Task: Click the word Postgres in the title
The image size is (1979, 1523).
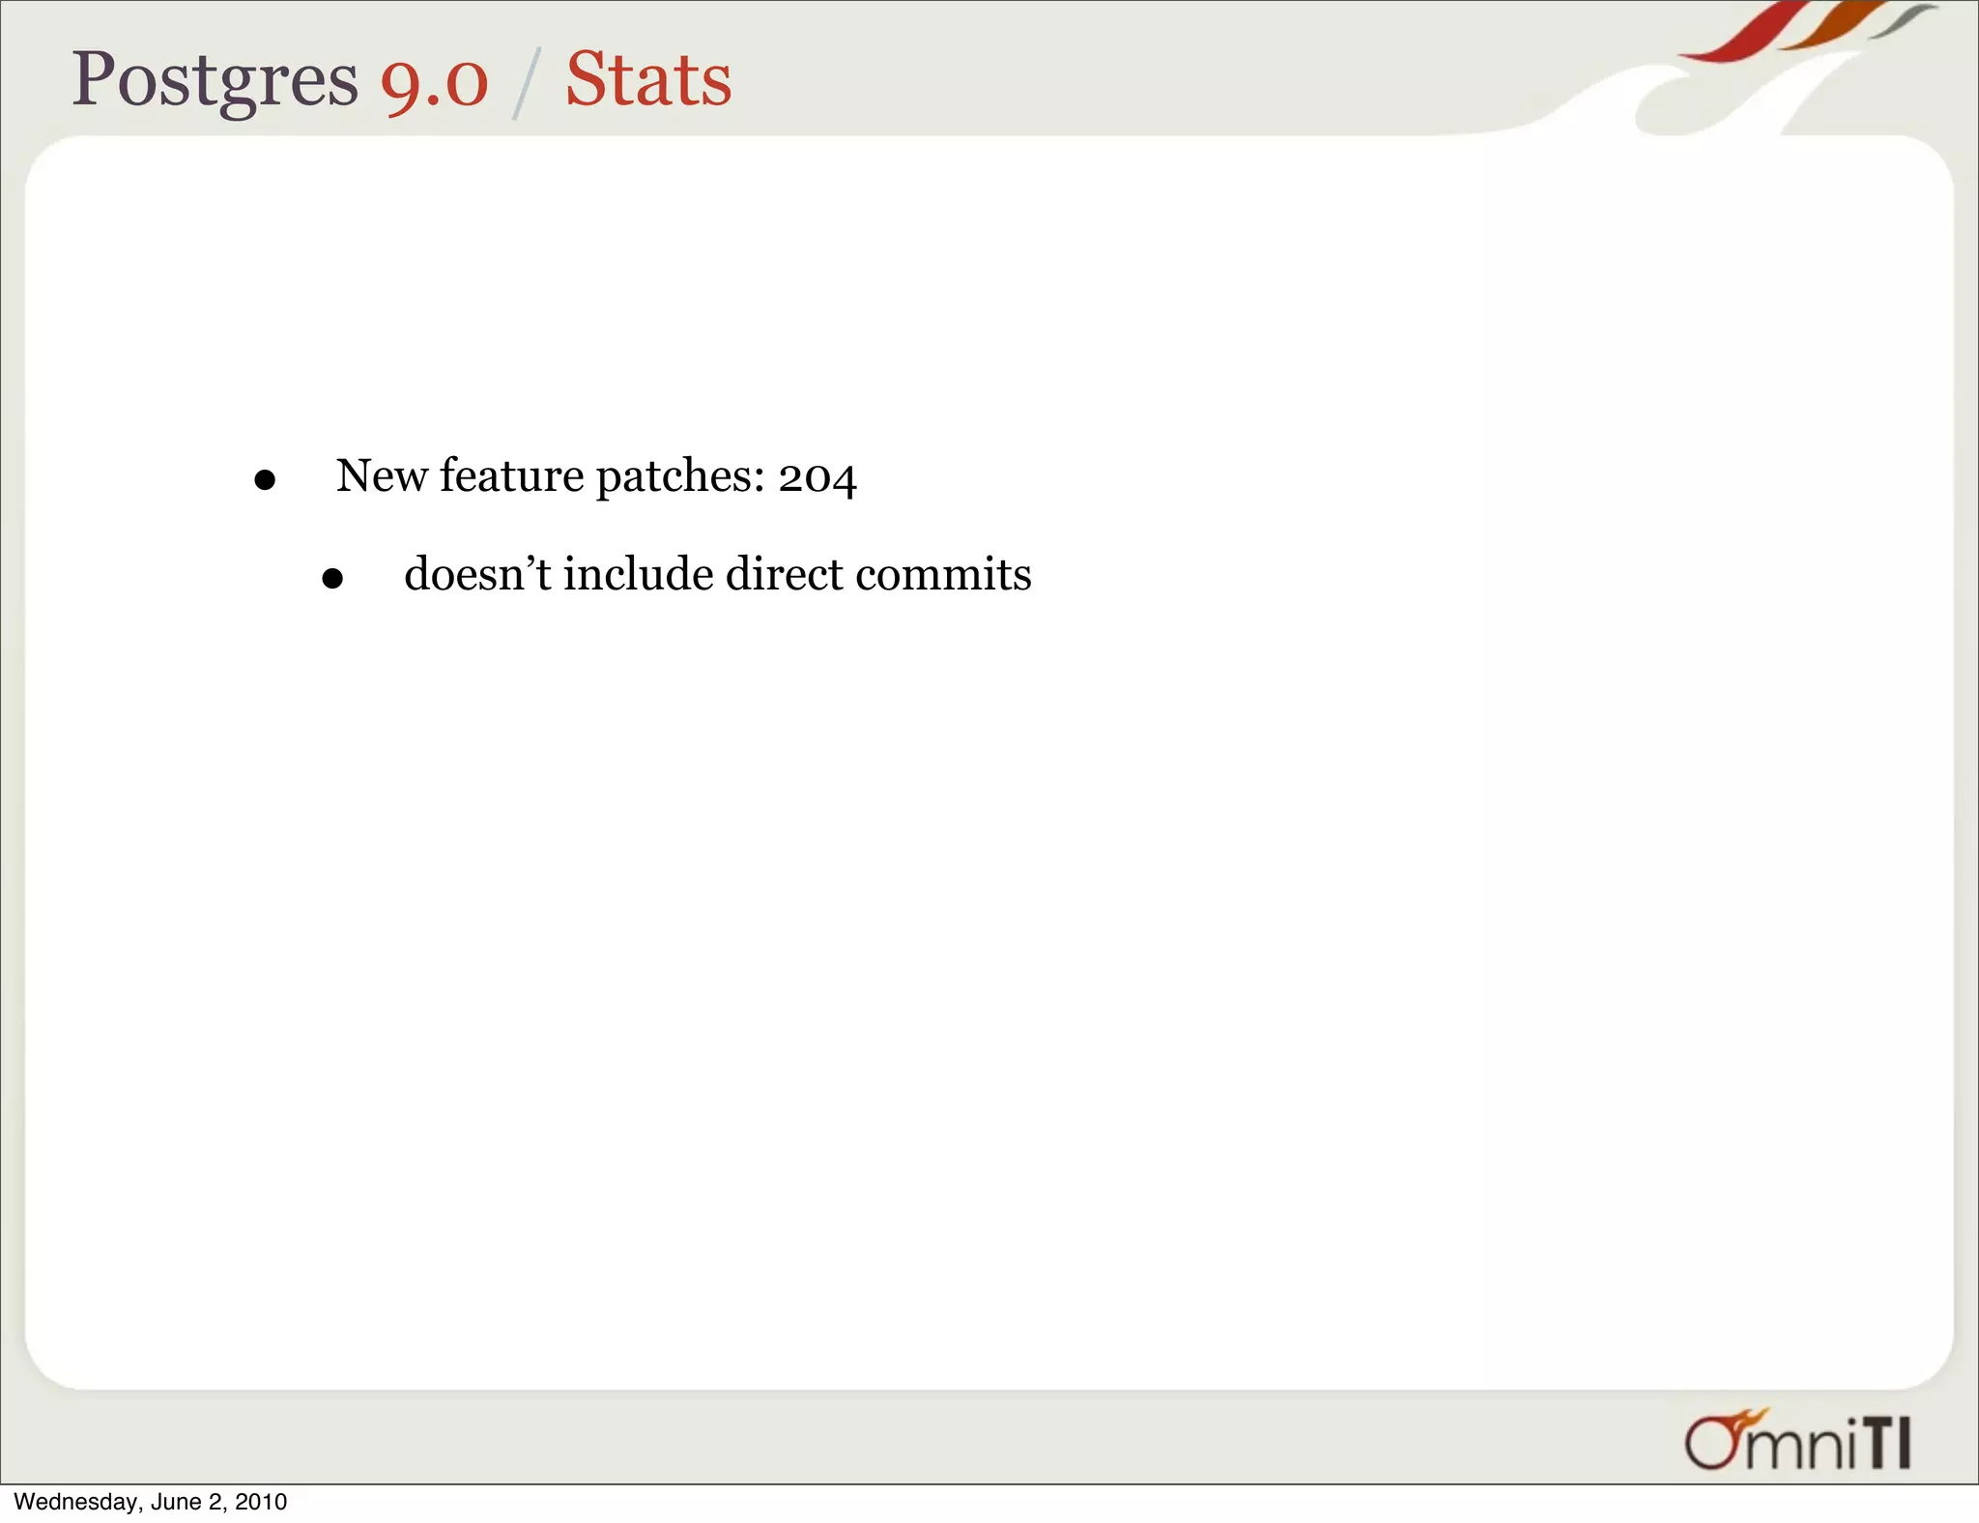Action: (x=215, y=80)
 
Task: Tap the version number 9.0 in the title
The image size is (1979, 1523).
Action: (x=435, y=82)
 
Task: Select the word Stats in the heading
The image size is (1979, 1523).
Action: (x=648, y=80)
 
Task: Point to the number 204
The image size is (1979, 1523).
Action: (x=817, y=477)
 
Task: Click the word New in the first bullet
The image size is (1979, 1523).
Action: (x=381, y=475)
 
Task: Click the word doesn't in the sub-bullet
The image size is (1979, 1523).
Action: (x=477, y=574)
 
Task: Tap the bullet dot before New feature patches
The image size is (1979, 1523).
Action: (x=265, y=480)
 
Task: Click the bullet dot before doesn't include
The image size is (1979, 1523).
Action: (x=332, y=579)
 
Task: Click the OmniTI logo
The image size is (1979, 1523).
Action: (x=1797, y=1441)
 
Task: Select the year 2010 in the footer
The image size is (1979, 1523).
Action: (x=261, y=1502)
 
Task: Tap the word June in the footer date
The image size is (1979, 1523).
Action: (x=176, y=1502)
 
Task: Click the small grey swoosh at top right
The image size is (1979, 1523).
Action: (x=1902, y=19)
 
